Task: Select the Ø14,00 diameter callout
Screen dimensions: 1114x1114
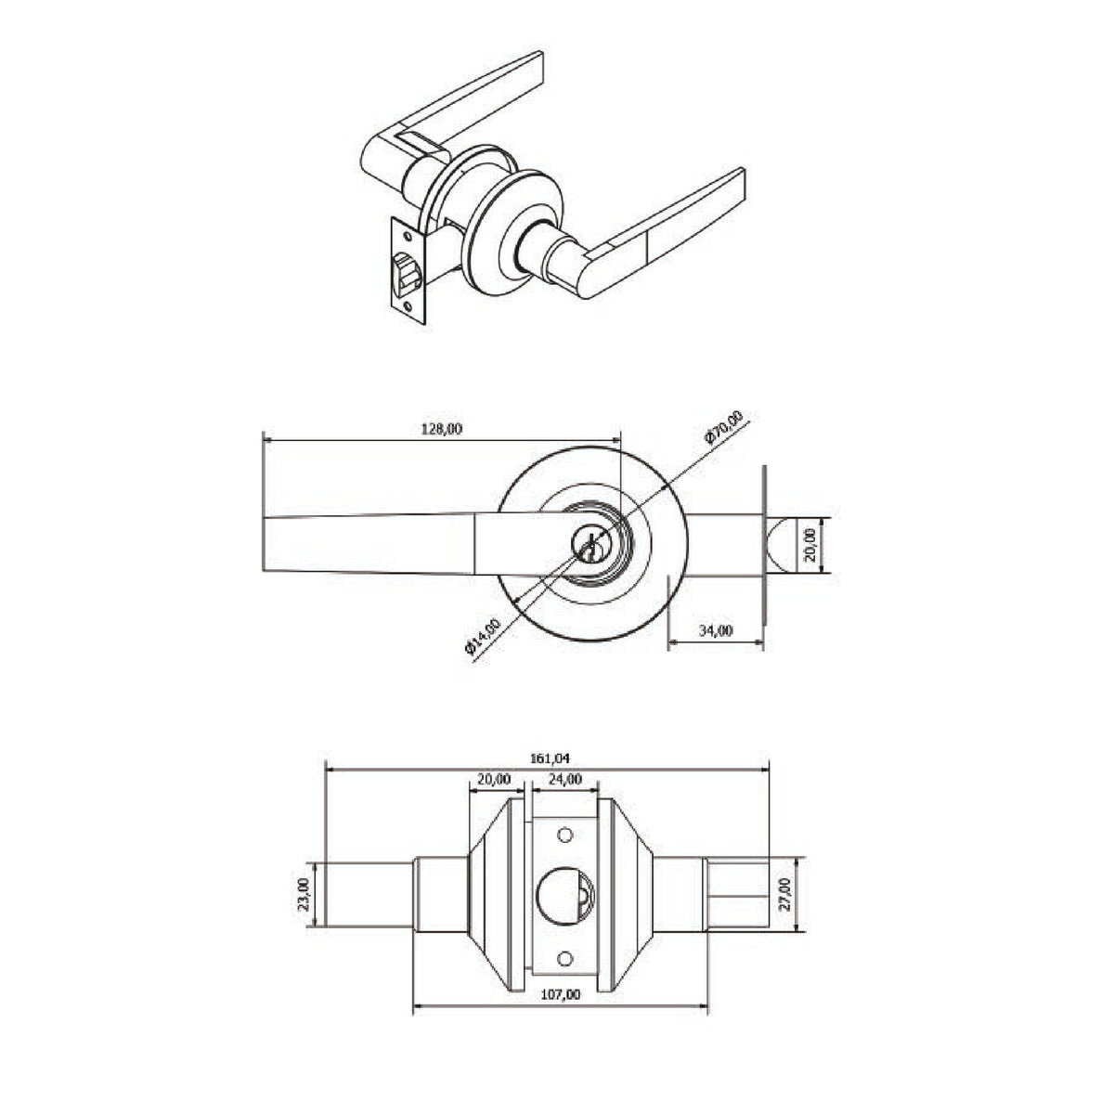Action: point(482,636)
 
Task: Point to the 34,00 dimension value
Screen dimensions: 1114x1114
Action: point(716,630)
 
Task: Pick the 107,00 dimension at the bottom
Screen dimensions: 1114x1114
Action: point(560,994)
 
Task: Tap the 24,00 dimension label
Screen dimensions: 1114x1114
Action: point(564,779)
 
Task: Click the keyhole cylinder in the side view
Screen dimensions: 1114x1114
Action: point(590,545)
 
